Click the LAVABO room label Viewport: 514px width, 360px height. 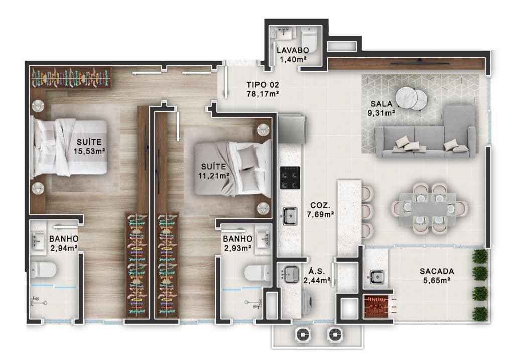click(x=293, y=50)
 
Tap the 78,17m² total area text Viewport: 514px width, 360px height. click(x=263, y=94)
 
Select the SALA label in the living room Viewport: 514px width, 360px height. click(x=381, y=104)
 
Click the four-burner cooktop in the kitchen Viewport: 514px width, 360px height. click(x=290, y=178)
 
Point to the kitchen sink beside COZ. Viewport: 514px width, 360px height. click(x=290, y=216)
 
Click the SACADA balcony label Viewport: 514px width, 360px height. click(x=437, y=271)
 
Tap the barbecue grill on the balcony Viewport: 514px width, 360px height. click(x=376, y=307)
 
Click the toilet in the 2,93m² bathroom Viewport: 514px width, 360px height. click(x=258, y=273)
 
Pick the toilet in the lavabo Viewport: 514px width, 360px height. click(x=309, y=40)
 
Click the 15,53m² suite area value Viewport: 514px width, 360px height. click(x=89, y=151)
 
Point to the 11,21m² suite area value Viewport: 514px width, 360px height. click(x=213, y=176)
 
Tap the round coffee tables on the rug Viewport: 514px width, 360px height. click(x=411, y=97)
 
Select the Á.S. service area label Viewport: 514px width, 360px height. click(x=316, y=271)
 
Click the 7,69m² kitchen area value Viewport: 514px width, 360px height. click(x=320, y=215)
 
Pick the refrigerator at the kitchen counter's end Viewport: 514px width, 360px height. click(x=292, y=129)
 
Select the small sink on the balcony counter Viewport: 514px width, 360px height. click(x=376, y=277)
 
